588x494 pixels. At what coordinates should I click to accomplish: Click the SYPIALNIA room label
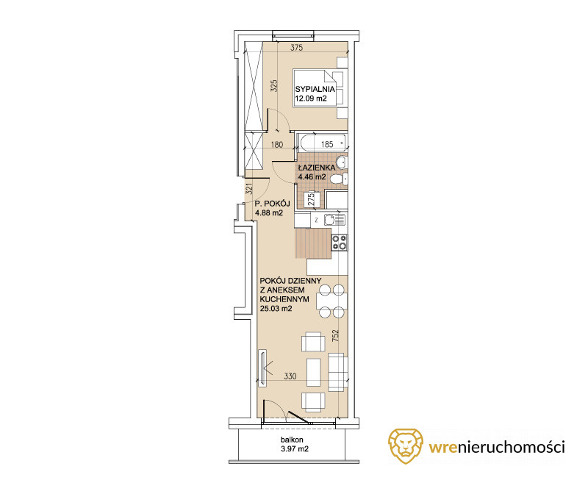pyautogui.click(x=315, y=89)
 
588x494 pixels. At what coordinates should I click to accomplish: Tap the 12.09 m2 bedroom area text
pyautogui.click(x=311, y=99)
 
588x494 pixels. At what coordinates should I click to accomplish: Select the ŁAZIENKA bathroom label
pyautogui.click(x=317, y=168)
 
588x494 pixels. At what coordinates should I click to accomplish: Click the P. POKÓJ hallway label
pyautogui.click(x=272, y=204)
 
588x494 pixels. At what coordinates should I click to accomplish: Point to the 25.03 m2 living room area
pyautogui.click(x=276, y=309)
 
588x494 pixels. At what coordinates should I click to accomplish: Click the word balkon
pyautogui.click(x=292, y=440)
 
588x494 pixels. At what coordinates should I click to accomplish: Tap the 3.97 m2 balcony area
pyautogui.click(x=295, y=449)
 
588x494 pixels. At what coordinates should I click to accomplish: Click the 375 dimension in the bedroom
pyautogui.click(x=297, y=48)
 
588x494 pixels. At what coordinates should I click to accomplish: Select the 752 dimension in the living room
pyautogui.click(x=335, y=335)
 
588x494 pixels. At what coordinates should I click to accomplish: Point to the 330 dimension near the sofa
pyautogui.click(x=290, y=376)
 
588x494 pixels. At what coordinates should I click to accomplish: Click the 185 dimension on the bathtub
pyautogui.click(x=327, y=144)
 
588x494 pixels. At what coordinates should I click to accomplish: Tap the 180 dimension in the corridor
pyautogui.click(x=277, y=144)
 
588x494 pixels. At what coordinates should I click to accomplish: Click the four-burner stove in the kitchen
pyautogui.click(x=340, y=242)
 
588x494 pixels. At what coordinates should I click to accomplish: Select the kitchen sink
pyautogui.click(x=334, y=219)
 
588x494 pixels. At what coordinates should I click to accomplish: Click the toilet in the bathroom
pyautogui.click(x=339, y=179)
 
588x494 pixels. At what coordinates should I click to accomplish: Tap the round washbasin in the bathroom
pyautogui.click(x=342, y=162)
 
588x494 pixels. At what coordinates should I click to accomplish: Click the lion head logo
pyautogui.click(x=406, y=446)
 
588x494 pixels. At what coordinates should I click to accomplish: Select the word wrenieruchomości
pyautogui.click(x=497, y=447)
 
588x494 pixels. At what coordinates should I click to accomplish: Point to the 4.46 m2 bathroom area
pyautogui.click(x=312, y=176)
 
